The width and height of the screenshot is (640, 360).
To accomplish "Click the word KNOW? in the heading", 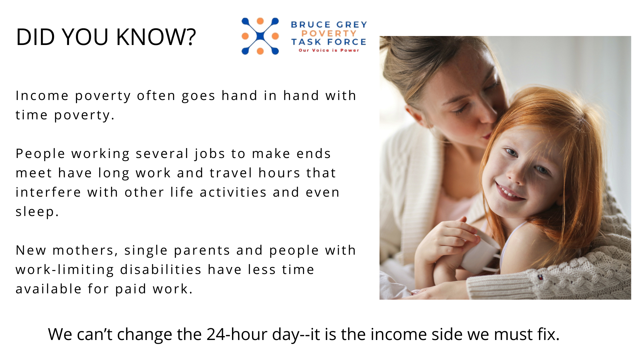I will (x=156, y=37).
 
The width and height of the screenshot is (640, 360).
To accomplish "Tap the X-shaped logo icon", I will (x=260, y=36).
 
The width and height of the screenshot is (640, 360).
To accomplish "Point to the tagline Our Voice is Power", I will (x=329, y=50).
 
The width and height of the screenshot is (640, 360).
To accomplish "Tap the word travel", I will (x=231, y=173).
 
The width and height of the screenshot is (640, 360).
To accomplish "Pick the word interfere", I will (x=48, y=192).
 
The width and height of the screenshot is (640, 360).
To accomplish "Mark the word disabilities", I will (x=161, y=270).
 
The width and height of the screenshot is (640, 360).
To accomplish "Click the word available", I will (x=49, y=289).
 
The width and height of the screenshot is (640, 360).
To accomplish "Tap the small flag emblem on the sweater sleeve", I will (x=540, y=277).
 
